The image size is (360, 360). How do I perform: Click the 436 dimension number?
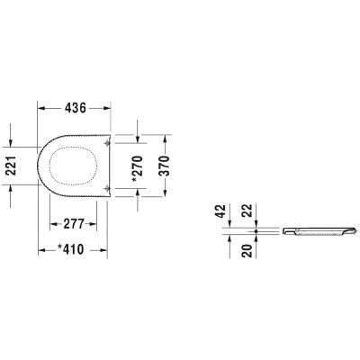click(75, 108)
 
